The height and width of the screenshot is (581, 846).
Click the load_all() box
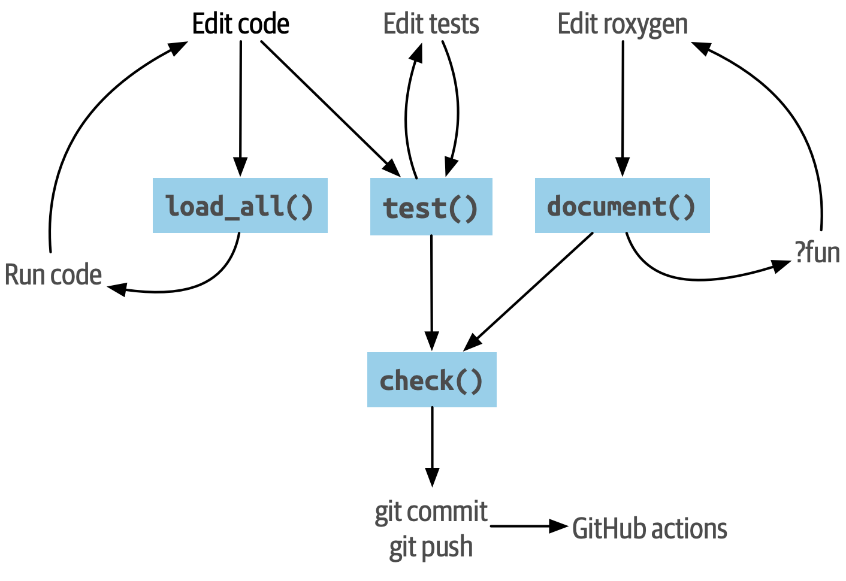pyautogui.click(x=240, y=205)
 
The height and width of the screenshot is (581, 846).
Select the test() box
pyautogui.click(x=431, y=207)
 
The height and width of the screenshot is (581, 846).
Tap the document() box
pyautogui.click(x=622, y=205)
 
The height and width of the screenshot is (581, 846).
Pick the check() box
pyautogui.click(x=431, y=380)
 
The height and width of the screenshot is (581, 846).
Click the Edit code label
pyautogui.click(x=241, y=24)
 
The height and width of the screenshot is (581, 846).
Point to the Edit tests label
pyautogui.click(x=431, y=24)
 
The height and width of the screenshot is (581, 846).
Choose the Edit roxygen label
pyautogui.click(x=623, y=24)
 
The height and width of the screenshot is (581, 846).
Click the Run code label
pyautogui.click(x=53, y=275)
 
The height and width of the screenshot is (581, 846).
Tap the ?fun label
pyautogui.click(x=817, y=252)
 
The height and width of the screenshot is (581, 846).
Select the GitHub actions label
pyautogui.click(x=649, y=529)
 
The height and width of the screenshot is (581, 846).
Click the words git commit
pyautogui.click(x=431, y=512)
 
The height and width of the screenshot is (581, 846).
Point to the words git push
pyautogui.click(x=431, y=547)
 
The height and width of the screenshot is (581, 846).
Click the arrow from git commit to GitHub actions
pyautogui.click(x=527, y=526)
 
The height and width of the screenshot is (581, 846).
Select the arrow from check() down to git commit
pyautogui.click(x=431, y=446)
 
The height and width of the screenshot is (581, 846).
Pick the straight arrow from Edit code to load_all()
pyautogui.click(x=240, y=108)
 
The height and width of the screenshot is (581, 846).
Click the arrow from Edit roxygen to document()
pyautogui.click(x=623, y=108)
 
